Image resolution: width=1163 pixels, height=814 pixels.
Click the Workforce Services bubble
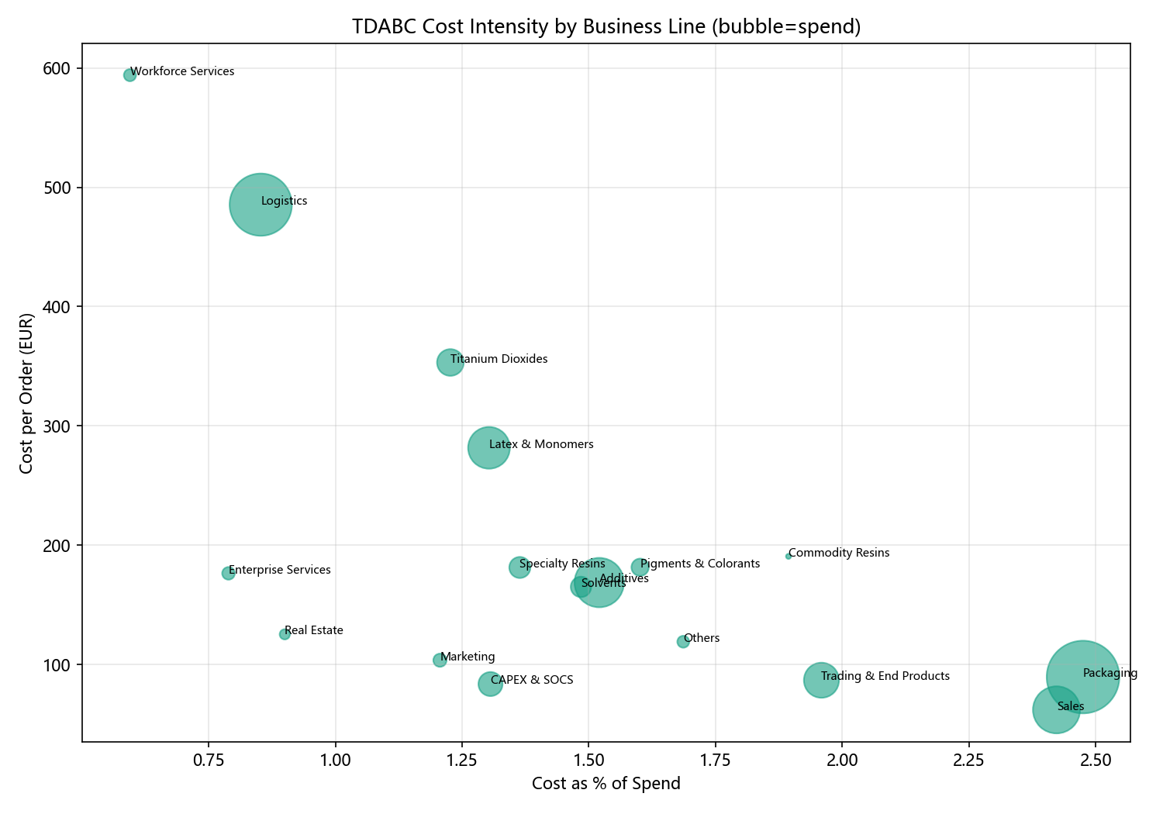[x=129, y=75]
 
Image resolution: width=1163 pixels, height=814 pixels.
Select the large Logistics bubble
[x=261, y=205]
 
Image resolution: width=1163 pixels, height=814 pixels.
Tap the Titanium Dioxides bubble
[x=450, y=362]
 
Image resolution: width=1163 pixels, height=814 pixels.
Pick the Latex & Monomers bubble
[x=488, y=448]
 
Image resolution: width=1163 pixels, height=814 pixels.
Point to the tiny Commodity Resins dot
[x=789, y=557]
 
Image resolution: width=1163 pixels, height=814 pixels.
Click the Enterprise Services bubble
[x=228, y=574]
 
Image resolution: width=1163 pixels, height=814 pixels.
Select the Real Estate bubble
[x=285, y=634]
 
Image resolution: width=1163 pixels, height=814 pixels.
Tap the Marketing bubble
[x=440, y=661]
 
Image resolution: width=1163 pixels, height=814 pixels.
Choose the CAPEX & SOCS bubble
[x=490, y=685]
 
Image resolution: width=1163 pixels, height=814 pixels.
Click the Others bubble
[x=683, y=642]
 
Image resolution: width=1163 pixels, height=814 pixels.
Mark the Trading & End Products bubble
[x=821, y=680]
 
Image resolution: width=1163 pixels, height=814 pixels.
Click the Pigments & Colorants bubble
[x=640, y=567]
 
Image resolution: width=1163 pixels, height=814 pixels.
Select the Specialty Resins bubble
[x=519, y=567]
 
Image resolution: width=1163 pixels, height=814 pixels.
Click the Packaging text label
[x=1110, y=674]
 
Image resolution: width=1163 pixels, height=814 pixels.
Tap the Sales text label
[x=1071, y=706]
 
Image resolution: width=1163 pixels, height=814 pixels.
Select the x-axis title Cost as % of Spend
[x=606, y=783]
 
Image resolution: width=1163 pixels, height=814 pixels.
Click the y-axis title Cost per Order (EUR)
[x=26, y=393]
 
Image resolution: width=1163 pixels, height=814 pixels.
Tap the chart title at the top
[x=606, y=26]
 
